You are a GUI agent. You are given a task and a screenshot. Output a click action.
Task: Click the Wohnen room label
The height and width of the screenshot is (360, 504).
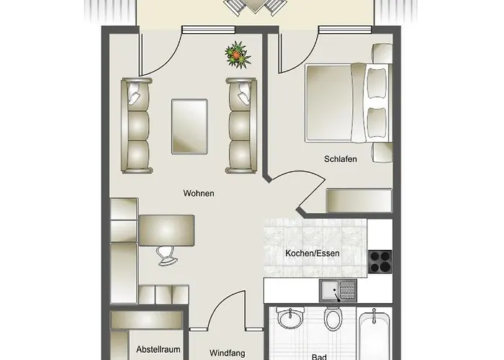coord(199,193)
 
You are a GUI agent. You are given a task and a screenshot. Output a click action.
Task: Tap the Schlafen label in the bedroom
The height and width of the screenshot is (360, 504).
coord(341,159)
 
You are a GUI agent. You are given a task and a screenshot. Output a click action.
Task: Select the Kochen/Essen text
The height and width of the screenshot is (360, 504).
coord(312,253)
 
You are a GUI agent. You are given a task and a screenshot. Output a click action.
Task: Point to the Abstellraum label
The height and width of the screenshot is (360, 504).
coord(158,349)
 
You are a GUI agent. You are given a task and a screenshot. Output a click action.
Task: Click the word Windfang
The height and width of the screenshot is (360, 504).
coord(227,353)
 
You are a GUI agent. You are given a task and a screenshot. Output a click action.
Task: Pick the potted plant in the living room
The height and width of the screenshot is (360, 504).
coord(238,55)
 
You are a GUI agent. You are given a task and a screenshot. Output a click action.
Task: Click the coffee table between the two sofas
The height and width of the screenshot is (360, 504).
coord(189,126)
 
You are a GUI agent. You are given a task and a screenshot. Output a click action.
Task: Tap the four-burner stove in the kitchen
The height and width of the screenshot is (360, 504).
coord(380,261)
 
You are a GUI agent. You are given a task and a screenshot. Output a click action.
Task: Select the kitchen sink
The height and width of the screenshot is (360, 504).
coord(338,291)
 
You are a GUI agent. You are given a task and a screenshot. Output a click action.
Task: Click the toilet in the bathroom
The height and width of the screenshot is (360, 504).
coord(333,318)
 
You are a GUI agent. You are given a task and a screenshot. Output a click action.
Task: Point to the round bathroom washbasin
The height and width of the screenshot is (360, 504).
coord(291,318)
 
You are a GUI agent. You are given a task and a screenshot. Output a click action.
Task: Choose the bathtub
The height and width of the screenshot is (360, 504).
coord(374,334)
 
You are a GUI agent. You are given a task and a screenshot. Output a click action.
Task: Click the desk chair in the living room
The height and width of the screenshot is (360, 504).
coord(167,256)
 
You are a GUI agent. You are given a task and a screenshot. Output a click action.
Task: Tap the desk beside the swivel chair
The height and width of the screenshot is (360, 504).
coord(166,230)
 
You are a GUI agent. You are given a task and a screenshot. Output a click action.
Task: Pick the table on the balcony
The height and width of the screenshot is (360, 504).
coord(255,6)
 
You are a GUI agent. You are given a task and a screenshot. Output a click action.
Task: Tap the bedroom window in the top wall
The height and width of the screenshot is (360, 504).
coord(345,30)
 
